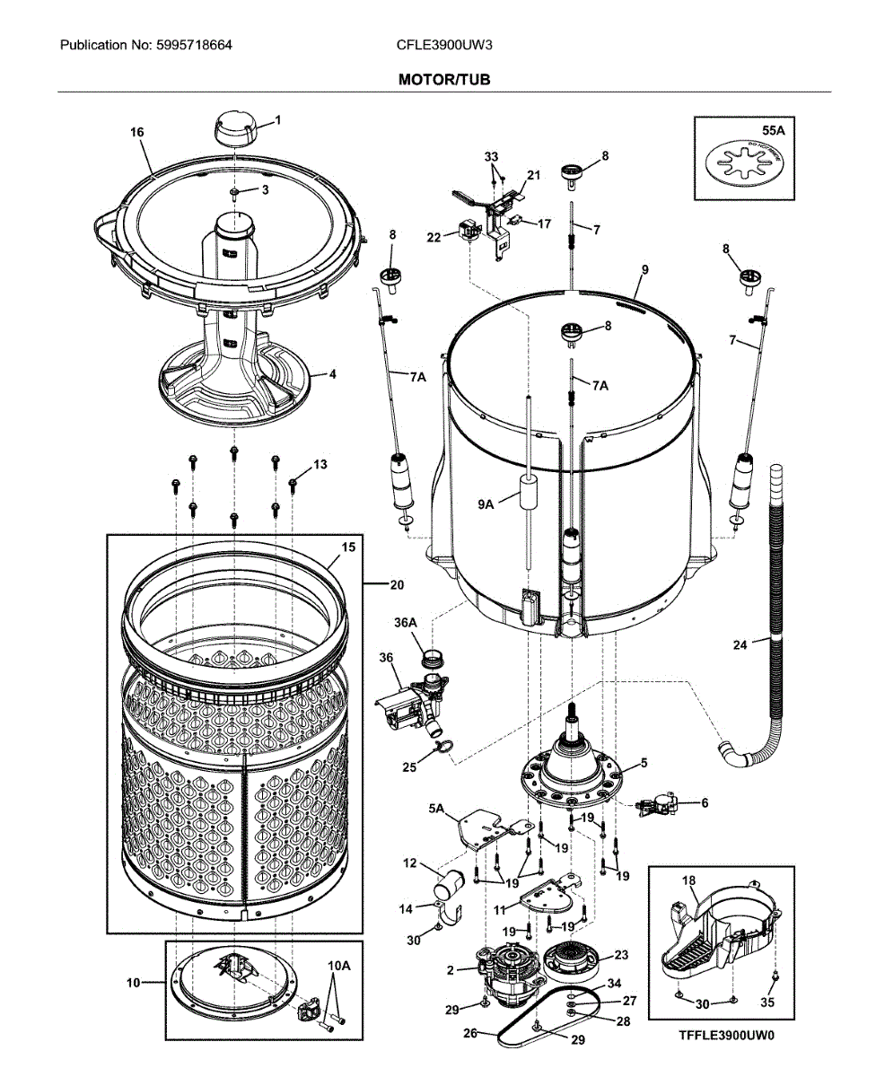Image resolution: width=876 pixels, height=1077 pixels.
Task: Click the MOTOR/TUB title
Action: [x=444, y=80]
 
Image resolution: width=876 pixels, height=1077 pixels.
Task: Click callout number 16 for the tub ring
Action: [x=136, y=132]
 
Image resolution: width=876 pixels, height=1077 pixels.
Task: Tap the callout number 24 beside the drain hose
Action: [x=740, y=644]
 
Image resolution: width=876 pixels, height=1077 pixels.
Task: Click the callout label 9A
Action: [x=486, y=505]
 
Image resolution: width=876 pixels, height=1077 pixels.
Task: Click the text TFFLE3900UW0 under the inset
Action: [x=726, y=1034]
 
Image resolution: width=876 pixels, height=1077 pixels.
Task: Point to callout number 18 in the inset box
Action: [x=688, y=880]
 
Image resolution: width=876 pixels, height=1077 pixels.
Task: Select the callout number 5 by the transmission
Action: [x=643, y=763]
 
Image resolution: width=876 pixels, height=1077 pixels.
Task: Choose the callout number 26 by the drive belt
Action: [x=469, y=1033]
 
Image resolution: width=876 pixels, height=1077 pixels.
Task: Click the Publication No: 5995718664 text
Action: [x=145, y=44]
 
